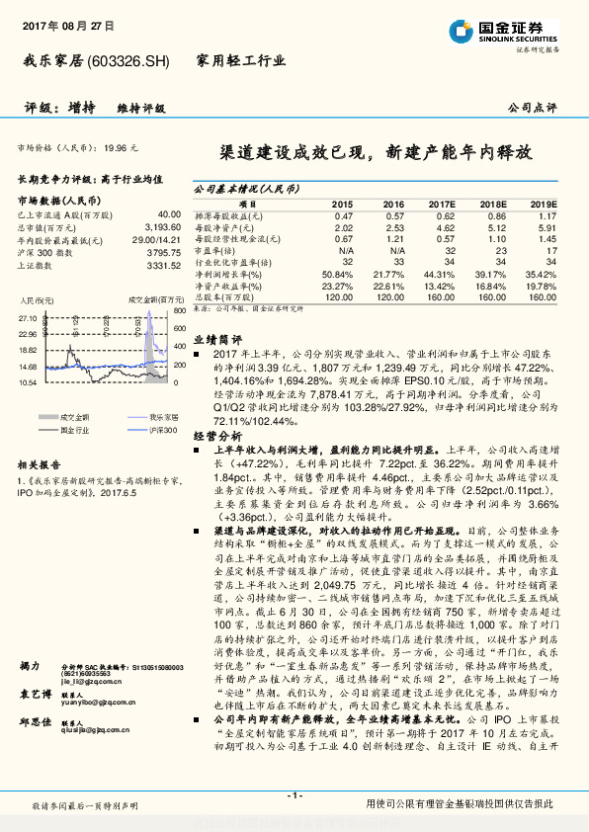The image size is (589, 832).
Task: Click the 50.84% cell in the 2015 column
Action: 337,273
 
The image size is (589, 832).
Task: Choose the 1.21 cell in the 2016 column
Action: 394,238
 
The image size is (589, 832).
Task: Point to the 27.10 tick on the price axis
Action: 28,318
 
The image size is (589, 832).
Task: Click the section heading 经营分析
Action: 216,434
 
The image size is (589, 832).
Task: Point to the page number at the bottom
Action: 294,795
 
